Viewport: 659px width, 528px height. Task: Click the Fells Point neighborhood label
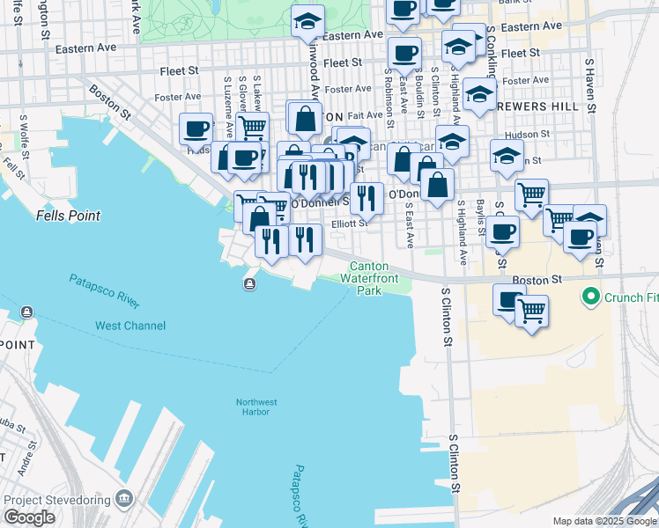point(68,216)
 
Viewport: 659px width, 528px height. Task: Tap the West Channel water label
point(130,326)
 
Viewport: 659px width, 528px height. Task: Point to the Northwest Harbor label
point(256,407)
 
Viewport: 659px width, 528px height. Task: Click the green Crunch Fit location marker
point(590,297)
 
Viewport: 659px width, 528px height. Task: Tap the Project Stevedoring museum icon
point(123,500)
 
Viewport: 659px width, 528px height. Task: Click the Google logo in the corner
point(29,517)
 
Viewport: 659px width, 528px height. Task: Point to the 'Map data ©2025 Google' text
point(603,520)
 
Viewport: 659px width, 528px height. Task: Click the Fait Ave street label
point(365,115)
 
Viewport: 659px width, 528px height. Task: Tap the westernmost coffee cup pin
point(196,128)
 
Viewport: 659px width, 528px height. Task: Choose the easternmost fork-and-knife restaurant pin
point(367,198)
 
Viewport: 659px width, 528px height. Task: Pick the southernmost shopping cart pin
point(531,311)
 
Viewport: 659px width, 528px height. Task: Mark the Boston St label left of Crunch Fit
point(537,279)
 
